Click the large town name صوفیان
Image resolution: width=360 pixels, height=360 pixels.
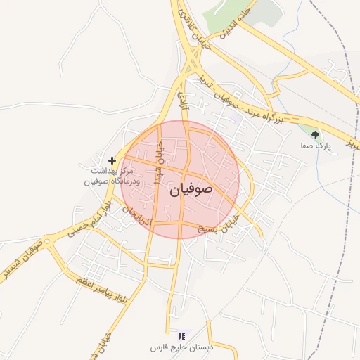coord(191,190)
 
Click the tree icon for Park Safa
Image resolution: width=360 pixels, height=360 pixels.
coord(315,134)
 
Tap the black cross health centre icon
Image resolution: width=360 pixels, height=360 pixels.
coord(112,161)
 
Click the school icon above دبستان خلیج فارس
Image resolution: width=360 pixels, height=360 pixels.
coord(181,336)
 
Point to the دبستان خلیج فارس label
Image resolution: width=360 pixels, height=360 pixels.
coord(179,348)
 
